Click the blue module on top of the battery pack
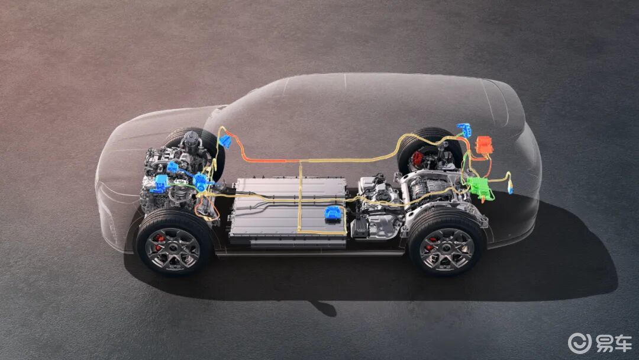point(333,214)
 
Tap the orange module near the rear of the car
point(484,145)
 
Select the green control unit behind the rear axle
point(479,188)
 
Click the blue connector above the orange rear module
point(464,130)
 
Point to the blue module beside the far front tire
point(225,142)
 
